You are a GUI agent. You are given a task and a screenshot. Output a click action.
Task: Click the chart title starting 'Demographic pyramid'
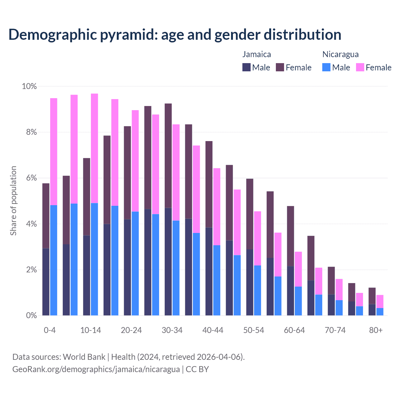tap(175, 35)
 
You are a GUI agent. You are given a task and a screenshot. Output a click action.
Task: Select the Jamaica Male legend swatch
tap(247, 67)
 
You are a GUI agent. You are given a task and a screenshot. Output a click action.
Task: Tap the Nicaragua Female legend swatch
tap(360, 67)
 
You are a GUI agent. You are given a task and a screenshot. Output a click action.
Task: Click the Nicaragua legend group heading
tap(340, 54)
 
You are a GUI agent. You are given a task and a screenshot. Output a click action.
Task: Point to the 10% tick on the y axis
tap(29, 86)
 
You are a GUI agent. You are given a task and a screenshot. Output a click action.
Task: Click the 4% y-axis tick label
tap(31, 224)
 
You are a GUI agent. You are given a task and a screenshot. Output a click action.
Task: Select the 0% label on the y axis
tap(31, 316)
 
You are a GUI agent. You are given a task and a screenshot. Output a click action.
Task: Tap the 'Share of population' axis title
tap(13, 201)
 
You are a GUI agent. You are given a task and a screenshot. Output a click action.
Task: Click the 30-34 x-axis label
tap(172, 330)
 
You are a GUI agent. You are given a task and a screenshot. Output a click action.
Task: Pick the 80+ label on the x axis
tap(376, 330)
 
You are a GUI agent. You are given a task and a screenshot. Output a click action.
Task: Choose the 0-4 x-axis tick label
tap(50, 330)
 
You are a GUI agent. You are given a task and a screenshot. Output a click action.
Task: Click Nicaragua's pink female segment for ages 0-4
tap(54, 151)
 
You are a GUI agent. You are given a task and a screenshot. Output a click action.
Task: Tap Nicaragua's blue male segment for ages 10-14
tap(94, 259)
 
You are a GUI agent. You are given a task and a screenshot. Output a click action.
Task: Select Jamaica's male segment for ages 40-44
tap(209, 271)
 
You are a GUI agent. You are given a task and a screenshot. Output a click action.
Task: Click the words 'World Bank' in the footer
tap(84, 357)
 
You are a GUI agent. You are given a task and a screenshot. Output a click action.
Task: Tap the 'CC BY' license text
tap(197, 369)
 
